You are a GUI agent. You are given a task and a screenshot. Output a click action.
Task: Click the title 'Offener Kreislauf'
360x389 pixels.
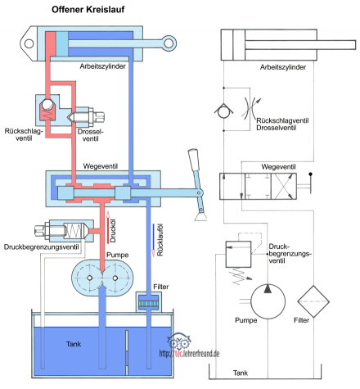point(88,9)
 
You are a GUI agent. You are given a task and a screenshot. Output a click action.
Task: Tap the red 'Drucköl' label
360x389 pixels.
point(113,231)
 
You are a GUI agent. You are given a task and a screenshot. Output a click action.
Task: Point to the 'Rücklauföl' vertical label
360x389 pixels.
point(160,240)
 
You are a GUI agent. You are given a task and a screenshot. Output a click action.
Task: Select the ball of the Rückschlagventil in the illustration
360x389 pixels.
point(47,105)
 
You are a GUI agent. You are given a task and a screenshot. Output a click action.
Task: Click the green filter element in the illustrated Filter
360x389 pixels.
point(149,304)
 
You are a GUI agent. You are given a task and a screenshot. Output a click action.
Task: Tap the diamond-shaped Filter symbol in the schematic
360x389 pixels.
point(313,301)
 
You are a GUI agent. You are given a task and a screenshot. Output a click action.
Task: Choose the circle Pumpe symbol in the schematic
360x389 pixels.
point(268,301)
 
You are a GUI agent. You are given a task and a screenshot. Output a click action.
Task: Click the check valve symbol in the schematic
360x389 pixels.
point(223,111)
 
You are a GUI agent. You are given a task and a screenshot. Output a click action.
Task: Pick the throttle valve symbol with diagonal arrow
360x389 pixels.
point(251,108)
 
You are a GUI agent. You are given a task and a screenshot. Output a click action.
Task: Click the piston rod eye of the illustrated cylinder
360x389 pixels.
point(169,43)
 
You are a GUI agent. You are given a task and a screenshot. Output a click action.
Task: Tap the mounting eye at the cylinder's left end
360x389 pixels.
point(29,43)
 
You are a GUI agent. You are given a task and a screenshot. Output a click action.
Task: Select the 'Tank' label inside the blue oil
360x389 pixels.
point(74,344)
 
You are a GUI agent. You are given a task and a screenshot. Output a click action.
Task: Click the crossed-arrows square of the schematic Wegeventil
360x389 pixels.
point(284,186)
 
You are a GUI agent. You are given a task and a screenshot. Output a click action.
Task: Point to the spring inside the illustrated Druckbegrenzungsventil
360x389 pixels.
point(74,231)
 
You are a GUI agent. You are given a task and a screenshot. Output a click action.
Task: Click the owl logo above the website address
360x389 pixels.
point(178,341)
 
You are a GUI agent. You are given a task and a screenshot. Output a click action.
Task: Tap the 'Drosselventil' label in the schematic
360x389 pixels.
point(276,128)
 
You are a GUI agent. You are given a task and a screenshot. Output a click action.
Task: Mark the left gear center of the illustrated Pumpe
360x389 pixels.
point(90,278)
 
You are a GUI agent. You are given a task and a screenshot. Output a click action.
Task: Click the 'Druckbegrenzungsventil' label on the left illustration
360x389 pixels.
point(41,247)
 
